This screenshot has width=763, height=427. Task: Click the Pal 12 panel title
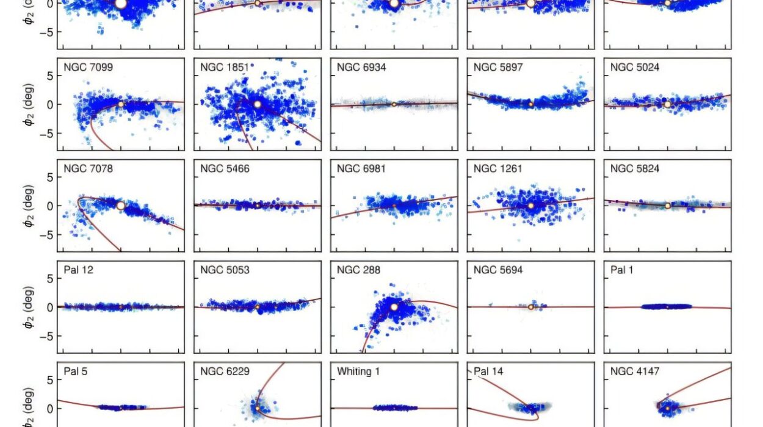pyautogui.click(x=78, y=270)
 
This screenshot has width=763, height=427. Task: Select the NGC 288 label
pyautogui.click(x=356, y=270)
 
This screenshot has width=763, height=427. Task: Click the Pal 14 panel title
pyautogui.click(x=488, y=371)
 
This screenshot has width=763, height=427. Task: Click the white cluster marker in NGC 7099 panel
pyautogui.click(x=120, y=104)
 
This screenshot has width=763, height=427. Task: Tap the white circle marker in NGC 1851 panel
pyautogui.click(x=257, y=104)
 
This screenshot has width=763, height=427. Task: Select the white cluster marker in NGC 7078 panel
pyautogui.click(x=120, y=206)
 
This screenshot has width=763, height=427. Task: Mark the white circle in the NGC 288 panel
pyautogui.click(x=394, y=307)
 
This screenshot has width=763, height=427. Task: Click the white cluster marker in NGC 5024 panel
pyautogui.click(x=667, y=104)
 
